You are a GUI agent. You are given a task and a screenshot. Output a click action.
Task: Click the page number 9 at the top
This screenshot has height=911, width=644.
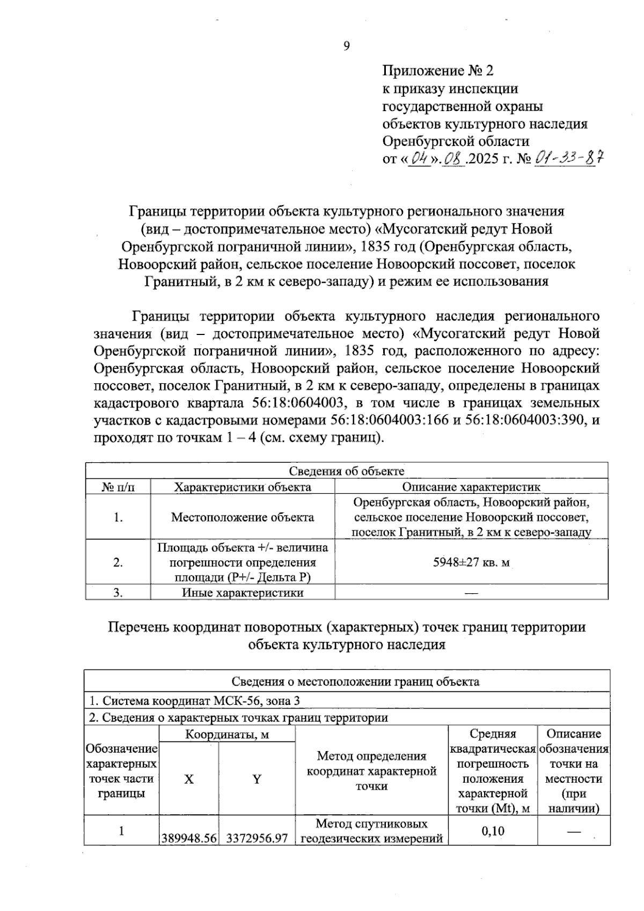tap(346, 46)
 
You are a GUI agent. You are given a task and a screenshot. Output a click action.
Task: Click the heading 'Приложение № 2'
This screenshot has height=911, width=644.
tap(437, 70)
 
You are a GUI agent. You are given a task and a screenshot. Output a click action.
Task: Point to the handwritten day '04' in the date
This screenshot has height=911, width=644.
tap(420, 159)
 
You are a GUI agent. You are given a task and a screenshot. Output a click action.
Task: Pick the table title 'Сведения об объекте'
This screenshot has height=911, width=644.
tap(347, 471)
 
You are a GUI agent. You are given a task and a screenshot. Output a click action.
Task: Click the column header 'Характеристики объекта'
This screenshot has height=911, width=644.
tap(243, 487)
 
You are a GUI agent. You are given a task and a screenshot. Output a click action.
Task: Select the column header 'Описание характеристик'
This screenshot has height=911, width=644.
tap(471, 487)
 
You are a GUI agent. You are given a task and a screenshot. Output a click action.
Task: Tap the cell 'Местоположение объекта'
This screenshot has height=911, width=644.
tap(243, 518)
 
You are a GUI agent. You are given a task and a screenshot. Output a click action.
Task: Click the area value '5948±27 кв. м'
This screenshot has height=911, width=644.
tap(471, 563)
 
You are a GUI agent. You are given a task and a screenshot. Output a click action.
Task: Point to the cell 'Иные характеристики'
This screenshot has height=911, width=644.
tap(243, 593)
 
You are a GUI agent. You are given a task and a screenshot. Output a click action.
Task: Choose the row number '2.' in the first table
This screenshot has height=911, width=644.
tap(118, 563)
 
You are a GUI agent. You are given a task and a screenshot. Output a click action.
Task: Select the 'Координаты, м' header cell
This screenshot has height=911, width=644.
tap(227, 734)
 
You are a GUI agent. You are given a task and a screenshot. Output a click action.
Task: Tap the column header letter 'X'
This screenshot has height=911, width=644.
tap(189, 779)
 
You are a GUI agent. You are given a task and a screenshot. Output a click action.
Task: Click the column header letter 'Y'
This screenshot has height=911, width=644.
tap(257, 779)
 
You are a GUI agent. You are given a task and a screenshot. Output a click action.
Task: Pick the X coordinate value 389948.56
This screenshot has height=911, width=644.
tap(189, 838)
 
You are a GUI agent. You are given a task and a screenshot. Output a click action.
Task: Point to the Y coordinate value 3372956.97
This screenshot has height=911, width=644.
tap(257, 838)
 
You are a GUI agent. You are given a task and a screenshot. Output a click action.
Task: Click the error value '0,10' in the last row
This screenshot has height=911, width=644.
tap(493, 831)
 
